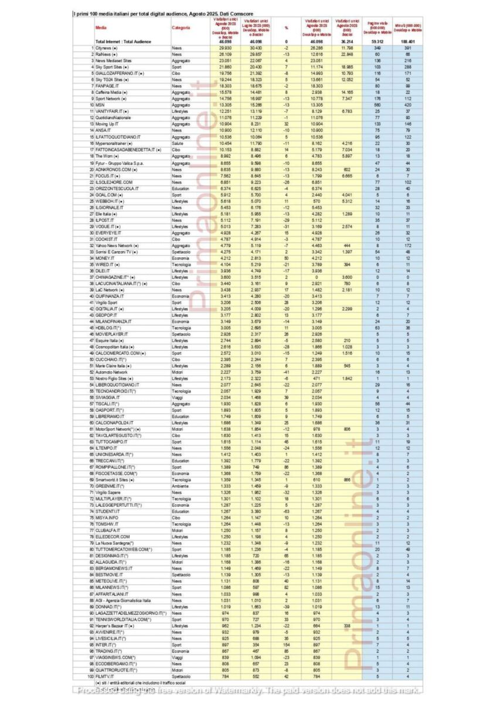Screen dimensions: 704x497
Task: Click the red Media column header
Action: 101,28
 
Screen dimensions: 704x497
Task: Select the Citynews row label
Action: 108,48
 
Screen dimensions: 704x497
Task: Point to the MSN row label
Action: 100,104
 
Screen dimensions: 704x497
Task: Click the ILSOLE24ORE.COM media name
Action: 114,183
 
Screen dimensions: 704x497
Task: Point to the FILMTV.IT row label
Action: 105,676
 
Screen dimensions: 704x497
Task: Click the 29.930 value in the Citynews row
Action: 224,48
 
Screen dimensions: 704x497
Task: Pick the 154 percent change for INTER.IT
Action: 287,645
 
